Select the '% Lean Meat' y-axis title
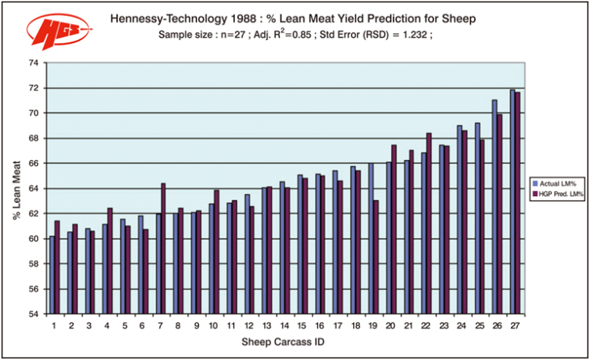click(16, 188)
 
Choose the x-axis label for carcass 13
click(266, 325)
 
